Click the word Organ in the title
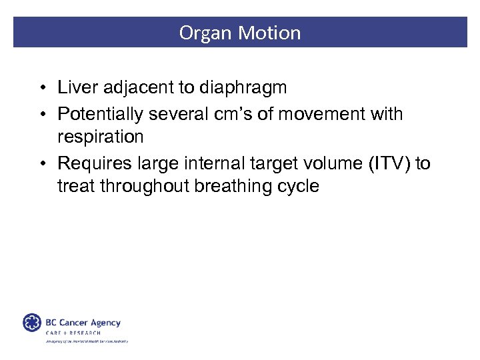[x=201, y=33]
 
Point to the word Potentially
[x=101, y=114]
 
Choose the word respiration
[x=101, y=137]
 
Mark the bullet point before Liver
[x=42, y=88]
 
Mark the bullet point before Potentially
[x=42, y=115]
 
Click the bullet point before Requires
[x=42, y=163]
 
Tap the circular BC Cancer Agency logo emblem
[x=32, y=323]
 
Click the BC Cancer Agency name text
[x=83, y=322]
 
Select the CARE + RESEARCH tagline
[x=73, y=333]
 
